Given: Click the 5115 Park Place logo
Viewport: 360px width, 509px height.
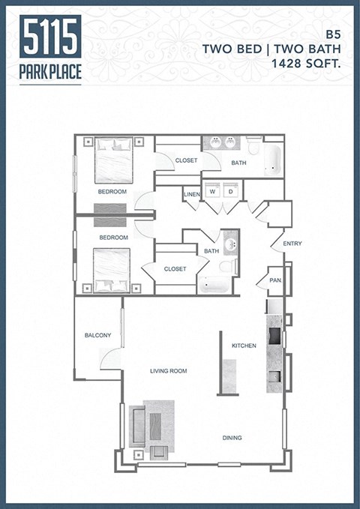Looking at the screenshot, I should tap(51, 48).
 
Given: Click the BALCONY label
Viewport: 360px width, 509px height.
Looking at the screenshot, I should tap(97, 335).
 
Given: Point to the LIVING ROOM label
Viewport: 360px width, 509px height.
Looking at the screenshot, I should tap(168, 370).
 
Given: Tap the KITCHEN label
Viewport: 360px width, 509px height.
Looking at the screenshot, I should tap(244, 346).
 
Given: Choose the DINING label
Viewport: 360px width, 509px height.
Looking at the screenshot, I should tap(232, 437).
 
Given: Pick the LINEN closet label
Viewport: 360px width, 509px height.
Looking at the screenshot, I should tap(191, 194).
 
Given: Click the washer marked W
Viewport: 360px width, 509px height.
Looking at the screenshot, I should tap(212, 191).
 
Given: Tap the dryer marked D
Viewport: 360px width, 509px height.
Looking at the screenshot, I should tap(230, 191).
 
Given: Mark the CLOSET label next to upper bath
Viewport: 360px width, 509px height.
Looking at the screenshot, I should tap(186, 160).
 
